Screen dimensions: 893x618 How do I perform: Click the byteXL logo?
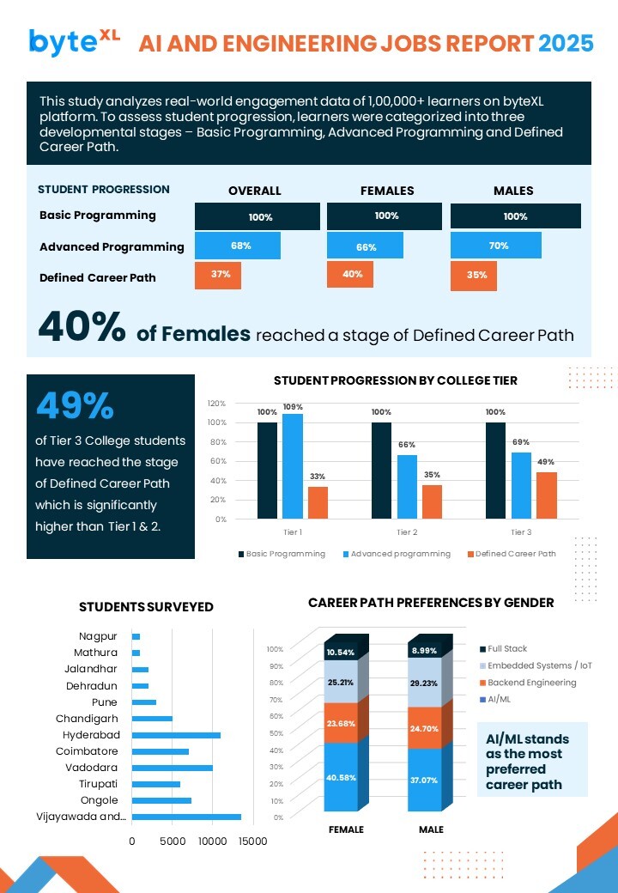[x=74, y=41]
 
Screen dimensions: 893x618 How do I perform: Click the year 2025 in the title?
[x=565, y=43]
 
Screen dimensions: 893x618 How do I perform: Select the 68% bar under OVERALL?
[x=238, y=246]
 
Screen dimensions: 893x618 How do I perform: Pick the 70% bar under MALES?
[x=496, y=246]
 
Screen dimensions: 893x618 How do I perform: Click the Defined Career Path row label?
[x=98, y=277]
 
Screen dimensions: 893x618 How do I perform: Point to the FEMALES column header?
[x=387, y=191]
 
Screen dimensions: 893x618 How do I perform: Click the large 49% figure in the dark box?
[x=75, y=406]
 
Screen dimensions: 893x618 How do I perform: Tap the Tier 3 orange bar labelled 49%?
[x=547, y=495]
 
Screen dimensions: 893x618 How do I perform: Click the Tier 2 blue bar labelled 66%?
[x=407, y=487]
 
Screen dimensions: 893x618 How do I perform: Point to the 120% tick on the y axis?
[x=216, y=404]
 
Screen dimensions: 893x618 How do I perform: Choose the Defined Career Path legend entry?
[x=511, y=554]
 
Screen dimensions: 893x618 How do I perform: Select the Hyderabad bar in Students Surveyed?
[x=176, y=735]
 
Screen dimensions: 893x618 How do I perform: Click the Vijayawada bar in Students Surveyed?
[x=186, y=817]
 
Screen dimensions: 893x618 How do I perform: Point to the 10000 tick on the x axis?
[x=211, y=841]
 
